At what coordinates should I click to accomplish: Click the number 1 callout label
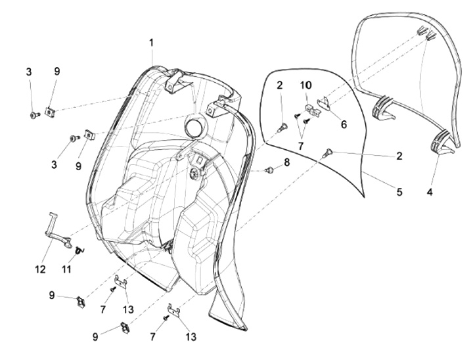click(151, 42)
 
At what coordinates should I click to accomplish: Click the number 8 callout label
click(286, 162)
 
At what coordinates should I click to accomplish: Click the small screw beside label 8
click(269, 171)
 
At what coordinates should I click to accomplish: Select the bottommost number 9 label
click(95, 336)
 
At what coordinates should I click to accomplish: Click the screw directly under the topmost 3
click(34, 115)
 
